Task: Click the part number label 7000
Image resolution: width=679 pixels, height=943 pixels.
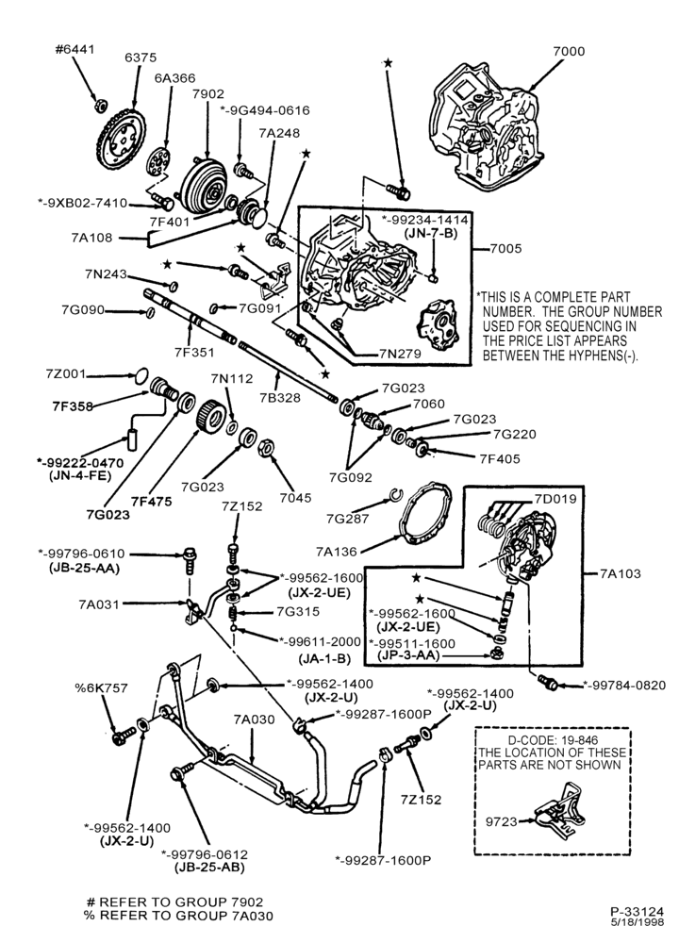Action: coord(568,52)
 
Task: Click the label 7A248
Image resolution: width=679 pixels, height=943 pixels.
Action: coord(279,133)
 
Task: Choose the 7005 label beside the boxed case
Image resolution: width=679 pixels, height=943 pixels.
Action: coord(505,248)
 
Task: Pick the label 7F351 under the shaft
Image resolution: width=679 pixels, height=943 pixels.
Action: coord(194,352)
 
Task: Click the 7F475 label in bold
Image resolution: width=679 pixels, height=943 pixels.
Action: coord(151,501)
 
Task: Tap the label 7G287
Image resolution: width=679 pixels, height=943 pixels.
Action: coord(347,519)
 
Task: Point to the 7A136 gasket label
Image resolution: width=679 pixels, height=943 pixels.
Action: coord(336,551)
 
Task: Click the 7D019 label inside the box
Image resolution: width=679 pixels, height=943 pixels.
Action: coord(555,499)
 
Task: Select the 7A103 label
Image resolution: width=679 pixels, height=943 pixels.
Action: coord(621,573)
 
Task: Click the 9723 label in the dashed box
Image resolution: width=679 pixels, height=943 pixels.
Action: coord(502,821)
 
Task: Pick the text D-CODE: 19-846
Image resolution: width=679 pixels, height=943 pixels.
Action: coord(553,740)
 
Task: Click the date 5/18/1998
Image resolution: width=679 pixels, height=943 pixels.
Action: coord(638,921)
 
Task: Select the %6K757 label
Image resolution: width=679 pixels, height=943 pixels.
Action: coord(101,688)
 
